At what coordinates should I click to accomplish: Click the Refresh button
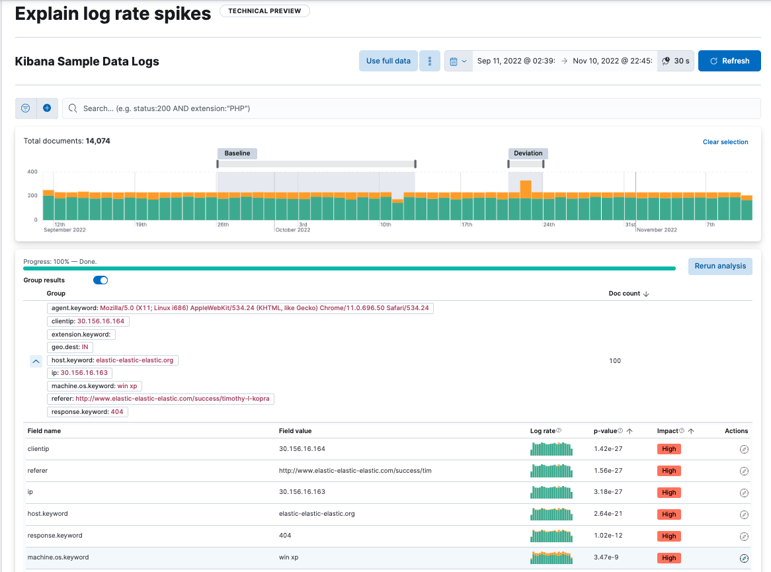click(x=729, y=61)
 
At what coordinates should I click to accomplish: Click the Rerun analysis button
click(x=720, y=266)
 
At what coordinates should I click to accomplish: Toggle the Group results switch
click(x=101, y=280)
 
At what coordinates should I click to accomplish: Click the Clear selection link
click(x=725, y=142)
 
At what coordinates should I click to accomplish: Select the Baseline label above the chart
click(x=237, y=153)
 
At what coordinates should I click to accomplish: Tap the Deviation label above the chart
click(x=528, y=153)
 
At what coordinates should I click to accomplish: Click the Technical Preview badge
click(x=264, y=11)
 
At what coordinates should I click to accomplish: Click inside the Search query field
click(x=410, y=108)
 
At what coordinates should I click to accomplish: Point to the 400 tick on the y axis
click(x=32, y=172)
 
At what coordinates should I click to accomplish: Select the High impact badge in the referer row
click(x=669, y=471)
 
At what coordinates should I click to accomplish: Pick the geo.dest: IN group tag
click(x=69, y=347)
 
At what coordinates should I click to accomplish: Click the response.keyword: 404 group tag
click(x=88, y=412)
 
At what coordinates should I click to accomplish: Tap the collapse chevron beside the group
click(x=36, y=361)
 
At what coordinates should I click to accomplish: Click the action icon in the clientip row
click(x=744, y=450)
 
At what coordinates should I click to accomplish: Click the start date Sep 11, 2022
click(x=516, y=61)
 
